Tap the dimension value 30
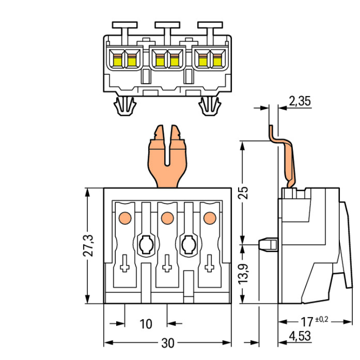pos(168,344)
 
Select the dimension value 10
pos(146,324)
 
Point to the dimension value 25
pos(244,192)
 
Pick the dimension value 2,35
pos(300,101)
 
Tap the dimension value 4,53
pos(300,336)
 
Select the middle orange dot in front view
pos(167,218)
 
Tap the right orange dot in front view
pos(209,218)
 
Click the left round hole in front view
pos(146,245)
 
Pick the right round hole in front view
pos(188,245)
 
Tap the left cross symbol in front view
pos(125,264)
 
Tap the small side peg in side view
pos(268,244)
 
